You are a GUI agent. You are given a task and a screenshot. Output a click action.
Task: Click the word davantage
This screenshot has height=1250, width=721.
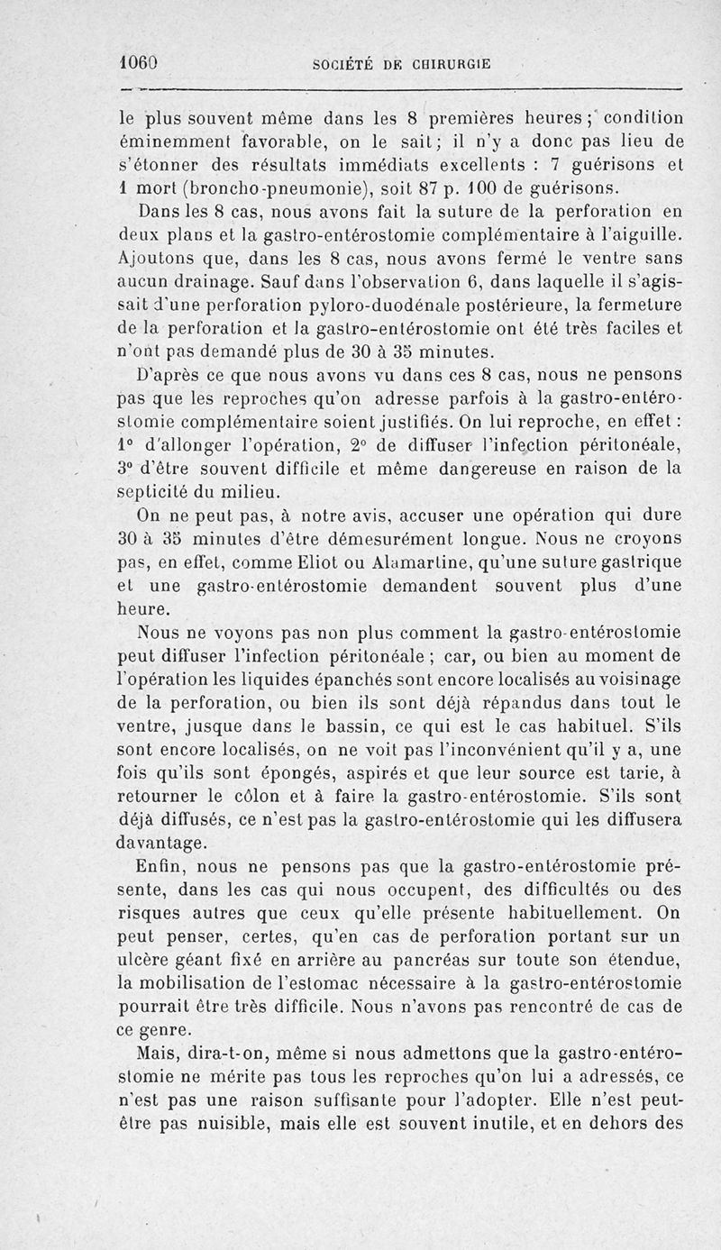pos(163,844)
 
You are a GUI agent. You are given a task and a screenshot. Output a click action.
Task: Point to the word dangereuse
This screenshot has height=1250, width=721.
pos(489,469)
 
